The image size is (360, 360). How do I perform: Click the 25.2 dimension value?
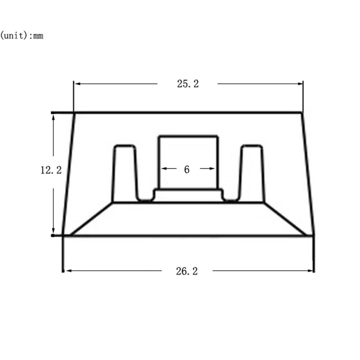click(188, 84)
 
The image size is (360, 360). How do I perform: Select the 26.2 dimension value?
click(187, 271)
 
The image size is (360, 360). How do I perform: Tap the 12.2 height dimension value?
click(51, 170)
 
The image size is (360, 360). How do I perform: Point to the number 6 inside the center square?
click(187, 170)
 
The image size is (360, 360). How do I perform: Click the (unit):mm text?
click(22, 36)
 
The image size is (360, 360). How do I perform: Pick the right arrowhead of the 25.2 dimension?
click(300, 83)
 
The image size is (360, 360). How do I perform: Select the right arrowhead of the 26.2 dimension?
click(310, 271)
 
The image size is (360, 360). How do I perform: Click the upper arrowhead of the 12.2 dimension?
click(54, 118)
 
